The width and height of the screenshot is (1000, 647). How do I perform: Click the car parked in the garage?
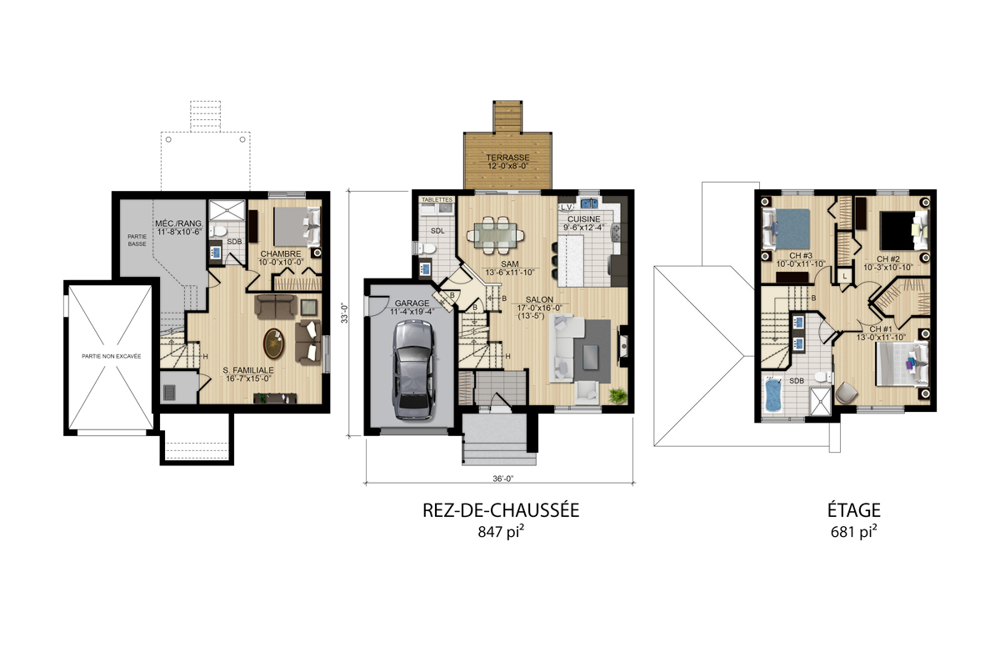tap(413, 370)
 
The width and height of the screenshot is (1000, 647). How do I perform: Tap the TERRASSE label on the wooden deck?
tap(507, 158)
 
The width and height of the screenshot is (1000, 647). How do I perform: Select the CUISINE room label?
tap(583, 219)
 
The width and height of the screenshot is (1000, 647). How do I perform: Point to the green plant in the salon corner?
tap(617, 395)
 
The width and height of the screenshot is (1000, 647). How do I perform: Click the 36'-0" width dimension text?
tap(503, 479)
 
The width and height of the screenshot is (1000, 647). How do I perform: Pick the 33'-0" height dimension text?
tap(345, 313)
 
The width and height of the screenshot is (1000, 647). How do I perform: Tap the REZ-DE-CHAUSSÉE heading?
tap(501, 510)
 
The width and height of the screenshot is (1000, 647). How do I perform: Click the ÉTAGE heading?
tap(854, 510)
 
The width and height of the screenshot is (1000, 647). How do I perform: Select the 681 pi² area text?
tap(853, 531)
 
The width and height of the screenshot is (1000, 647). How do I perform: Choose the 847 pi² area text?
tap(501, 531)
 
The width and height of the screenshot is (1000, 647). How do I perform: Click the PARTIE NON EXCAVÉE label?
tap(111, 356)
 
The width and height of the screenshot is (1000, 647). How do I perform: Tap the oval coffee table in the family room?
tap(273, 344)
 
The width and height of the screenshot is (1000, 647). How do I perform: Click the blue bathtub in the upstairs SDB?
tap(773, 395)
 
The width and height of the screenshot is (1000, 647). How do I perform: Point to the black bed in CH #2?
tap(898, 230)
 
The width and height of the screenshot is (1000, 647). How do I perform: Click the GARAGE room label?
tap(412, 303)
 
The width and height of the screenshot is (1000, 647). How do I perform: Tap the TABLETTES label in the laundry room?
tap(437, 199)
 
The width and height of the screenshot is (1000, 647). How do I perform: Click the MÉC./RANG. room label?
tap(179, 223)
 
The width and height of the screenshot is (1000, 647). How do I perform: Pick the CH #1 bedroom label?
tap(881, 329)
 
